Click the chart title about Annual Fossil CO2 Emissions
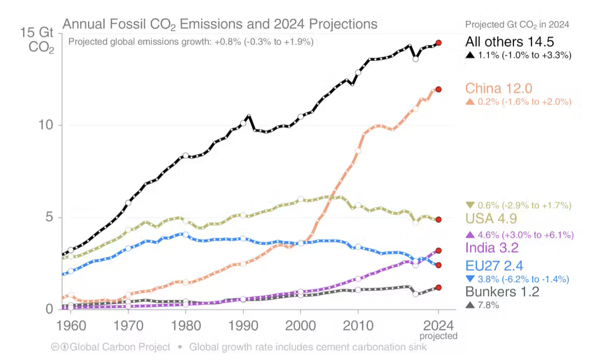point(220,25)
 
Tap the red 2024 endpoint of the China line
point(438,89)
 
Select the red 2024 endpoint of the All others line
point(438,43)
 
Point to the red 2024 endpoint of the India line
point(438,251)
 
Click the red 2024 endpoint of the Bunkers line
point(438,287)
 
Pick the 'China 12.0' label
point(499,89)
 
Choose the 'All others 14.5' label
point(510,42)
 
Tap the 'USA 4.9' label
point(491,219)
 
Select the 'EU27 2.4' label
point(494,266)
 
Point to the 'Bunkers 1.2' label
point(502,292)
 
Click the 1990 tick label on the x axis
point(242,327)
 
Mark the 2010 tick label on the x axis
point(357,327)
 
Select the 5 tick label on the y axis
point(48,218)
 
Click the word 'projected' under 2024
point(438,336)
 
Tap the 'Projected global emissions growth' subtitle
point(190,42)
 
